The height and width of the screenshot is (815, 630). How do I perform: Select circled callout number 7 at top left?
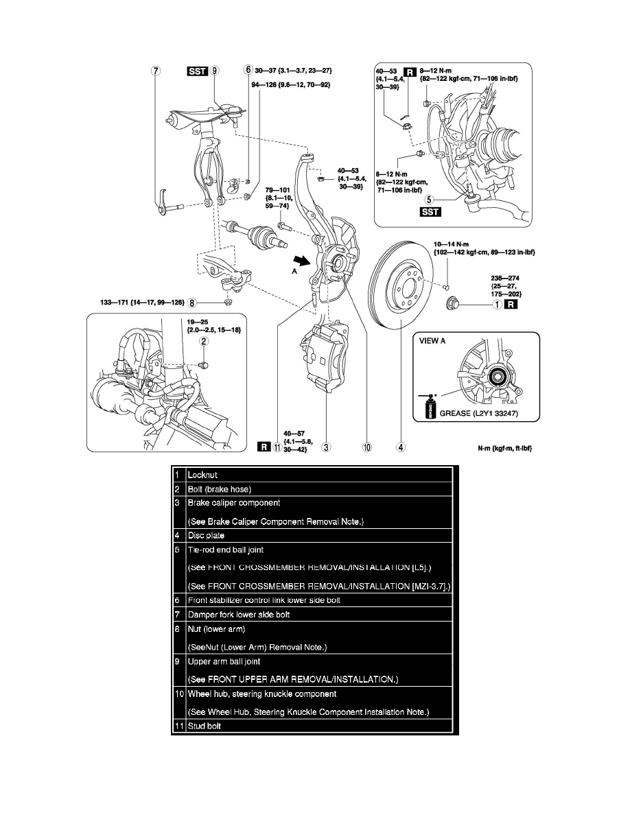pos(156,70)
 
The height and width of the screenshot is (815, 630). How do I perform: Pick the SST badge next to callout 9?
pos(199,70)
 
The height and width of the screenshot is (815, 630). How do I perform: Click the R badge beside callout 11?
pos(263,447)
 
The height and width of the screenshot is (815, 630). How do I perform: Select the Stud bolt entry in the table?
pos(203,726)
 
